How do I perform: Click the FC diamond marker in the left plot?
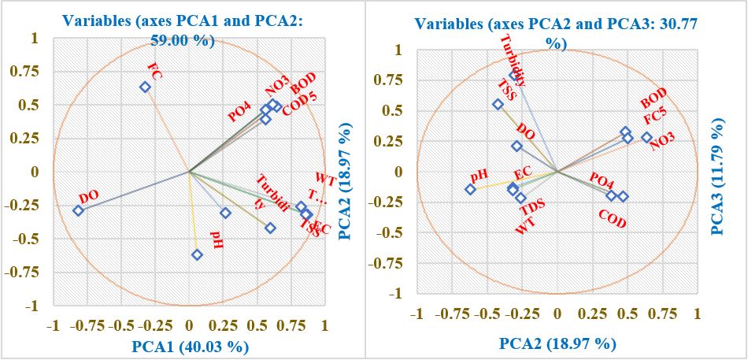coord(145,87)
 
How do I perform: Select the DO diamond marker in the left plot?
coord(78,210)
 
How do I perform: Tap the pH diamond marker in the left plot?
coord(197,254)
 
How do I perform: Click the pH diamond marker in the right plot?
coord(470,189)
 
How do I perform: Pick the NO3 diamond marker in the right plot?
coord(646,137)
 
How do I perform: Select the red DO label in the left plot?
coord(89,197)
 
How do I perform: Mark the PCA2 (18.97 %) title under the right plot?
coord(556,343)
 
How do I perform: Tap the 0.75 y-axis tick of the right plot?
coord(392,80)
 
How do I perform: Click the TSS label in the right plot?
coord(506,90)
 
